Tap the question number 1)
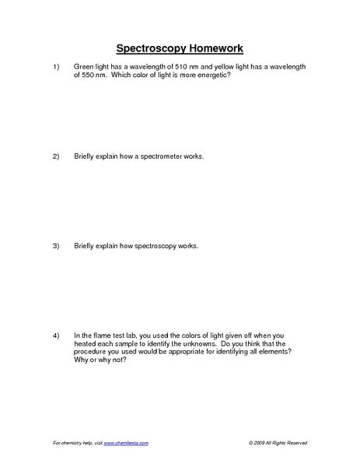[56, 68]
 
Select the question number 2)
[56, 156]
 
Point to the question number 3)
[56, 246]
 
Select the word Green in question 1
[83, 68]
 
